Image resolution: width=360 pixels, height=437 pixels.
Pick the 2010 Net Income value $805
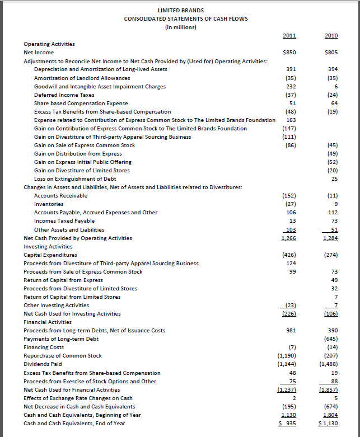click(x=331, y=53)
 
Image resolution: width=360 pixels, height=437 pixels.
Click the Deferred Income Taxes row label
click(x=64, y=95)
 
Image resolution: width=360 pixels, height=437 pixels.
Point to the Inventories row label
click(x=49, y=204)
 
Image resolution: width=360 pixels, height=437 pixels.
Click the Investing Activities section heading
click(x=48, y=246)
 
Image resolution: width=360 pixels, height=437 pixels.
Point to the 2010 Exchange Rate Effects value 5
click(x=335, y=398)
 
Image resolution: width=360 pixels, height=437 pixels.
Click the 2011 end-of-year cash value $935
click(x=287, y=424)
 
